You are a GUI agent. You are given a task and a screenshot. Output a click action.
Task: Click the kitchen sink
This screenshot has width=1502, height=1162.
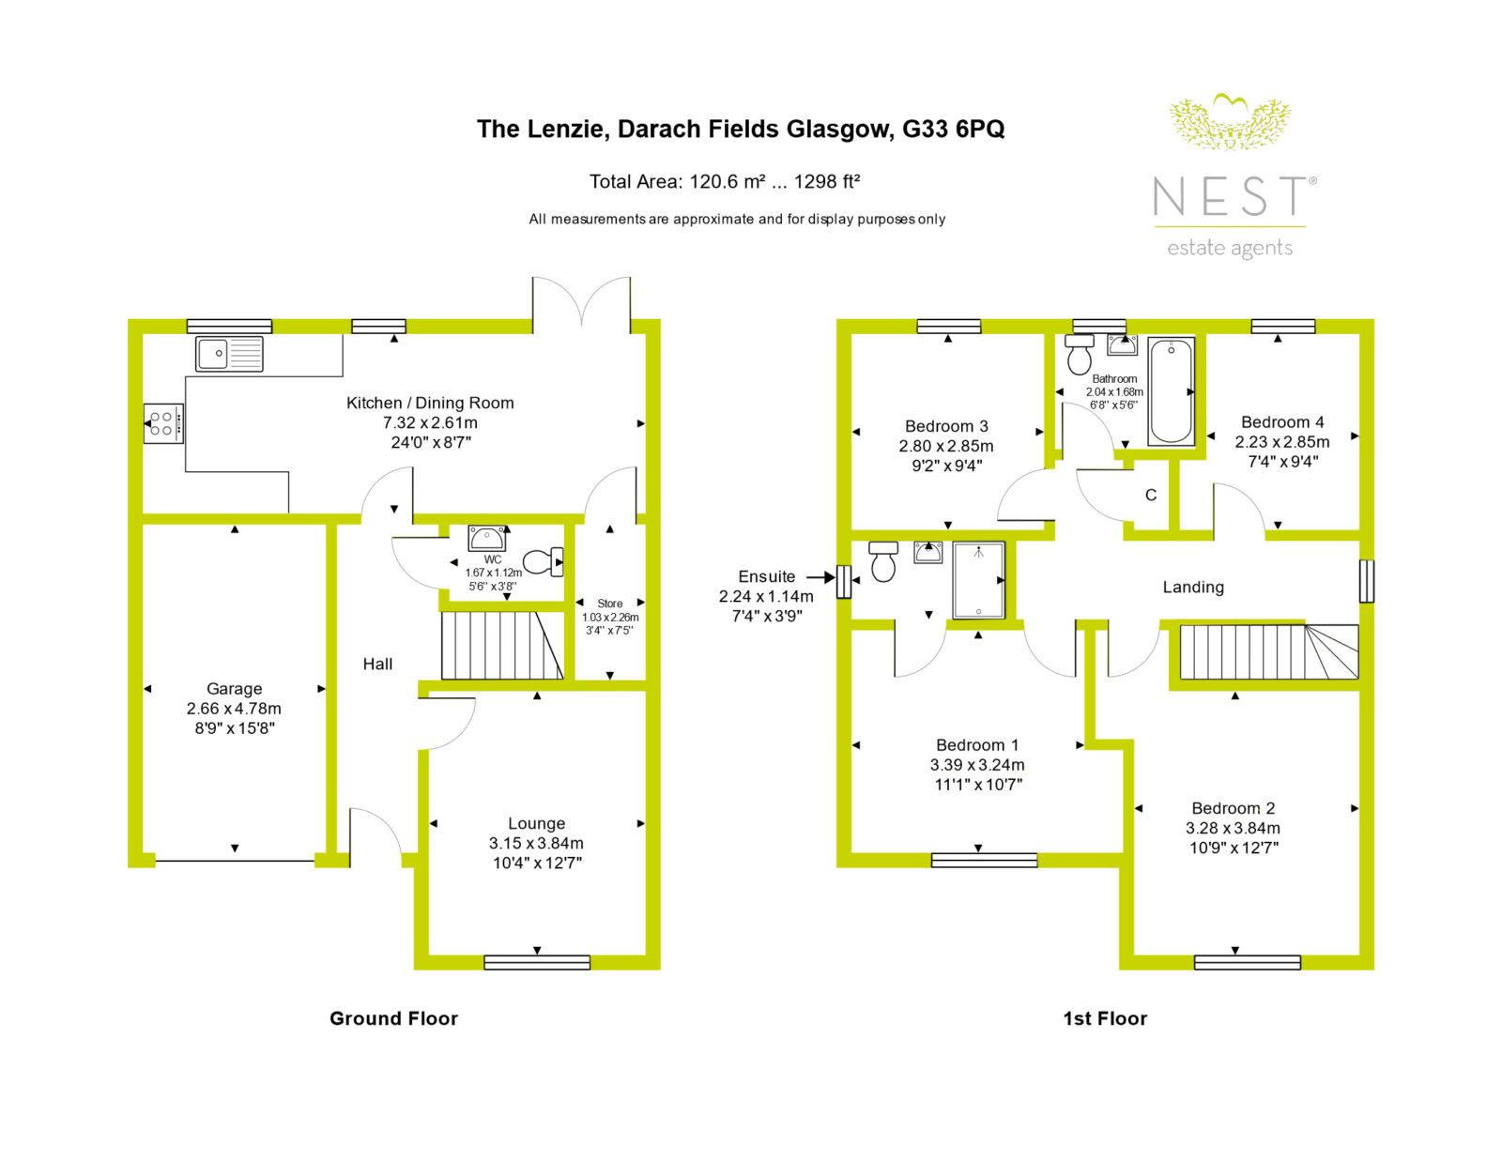(x=229, y=354)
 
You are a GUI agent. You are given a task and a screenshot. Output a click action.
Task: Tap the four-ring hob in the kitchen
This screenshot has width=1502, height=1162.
(x=164, y=423)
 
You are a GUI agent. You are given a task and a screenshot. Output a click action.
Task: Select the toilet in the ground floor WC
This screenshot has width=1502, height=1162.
(x=544, y=561)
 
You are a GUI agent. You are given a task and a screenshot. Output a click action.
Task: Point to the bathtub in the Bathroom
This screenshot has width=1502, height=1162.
(x=1171, y=391)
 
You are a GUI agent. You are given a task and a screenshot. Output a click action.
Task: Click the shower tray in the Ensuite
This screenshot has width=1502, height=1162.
(x=978, y=580)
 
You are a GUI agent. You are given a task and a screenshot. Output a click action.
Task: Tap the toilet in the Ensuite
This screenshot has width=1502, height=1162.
(x=883, y=561)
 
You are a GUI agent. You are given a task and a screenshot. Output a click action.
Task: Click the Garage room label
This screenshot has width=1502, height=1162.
(x=235, y=689)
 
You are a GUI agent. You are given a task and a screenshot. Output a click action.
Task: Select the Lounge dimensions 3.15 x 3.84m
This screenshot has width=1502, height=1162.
(x=536, y=844)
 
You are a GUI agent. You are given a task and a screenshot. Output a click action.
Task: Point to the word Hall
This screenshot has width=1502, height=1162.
(x=377, y=664)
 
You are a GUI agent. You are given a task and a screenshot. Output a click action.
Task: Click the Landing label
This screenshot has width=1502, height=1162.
(x=1193, y=588)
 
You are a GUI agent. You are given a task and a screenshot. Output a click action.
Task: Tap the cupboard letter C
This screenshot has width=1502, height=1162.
(x=1151, y=495)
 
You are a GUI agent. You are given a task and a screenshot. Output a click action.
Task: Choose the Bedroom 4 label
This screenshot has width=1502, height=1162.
(x=1282, y=422)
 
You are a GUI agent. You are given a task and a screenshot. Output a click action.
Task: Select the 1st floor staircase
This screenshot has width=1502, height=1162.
(x=1269, y=652)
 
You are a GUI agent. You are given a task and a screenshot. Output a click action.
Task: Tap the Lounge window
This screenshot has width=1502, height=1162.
(x=537, y=962)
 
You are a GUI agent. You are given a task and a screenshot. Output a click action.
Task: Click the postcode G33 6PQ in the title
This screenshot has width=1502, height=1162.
(x=953, y=130)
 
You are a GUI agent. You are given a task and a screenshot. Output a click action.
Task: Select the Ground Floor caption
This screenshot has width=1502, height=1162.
(x=393, y=1018)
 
